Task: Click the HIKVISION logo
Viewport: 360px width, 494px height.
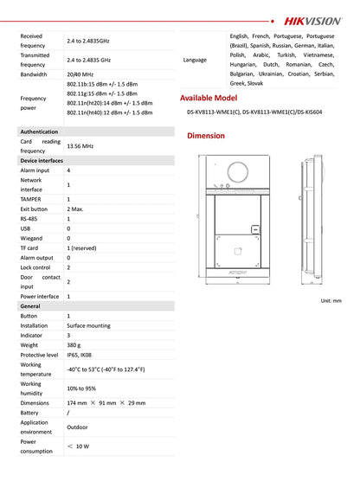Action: tap(313, 17)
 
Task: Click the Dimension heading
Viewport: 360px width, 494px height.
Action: tap(206, 136)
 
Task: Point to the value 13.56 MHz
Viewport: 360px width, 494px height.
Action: tap(80, 146)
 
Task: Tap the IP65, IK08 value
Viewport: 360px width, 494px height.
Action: tap(83, 355)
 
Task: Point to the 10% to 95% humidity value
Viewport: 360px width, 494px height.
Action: tap(82, 388)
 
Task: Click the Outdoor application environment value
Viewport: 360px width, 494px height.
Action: tap(79, 427)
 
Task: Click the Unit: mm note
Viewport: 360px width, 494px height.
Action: tap(331, 300)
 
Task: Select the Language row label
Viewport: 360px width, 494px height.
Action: tap(196, 60)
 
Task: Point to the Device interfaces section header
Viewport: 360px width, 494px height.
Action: tap(42, 161)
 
